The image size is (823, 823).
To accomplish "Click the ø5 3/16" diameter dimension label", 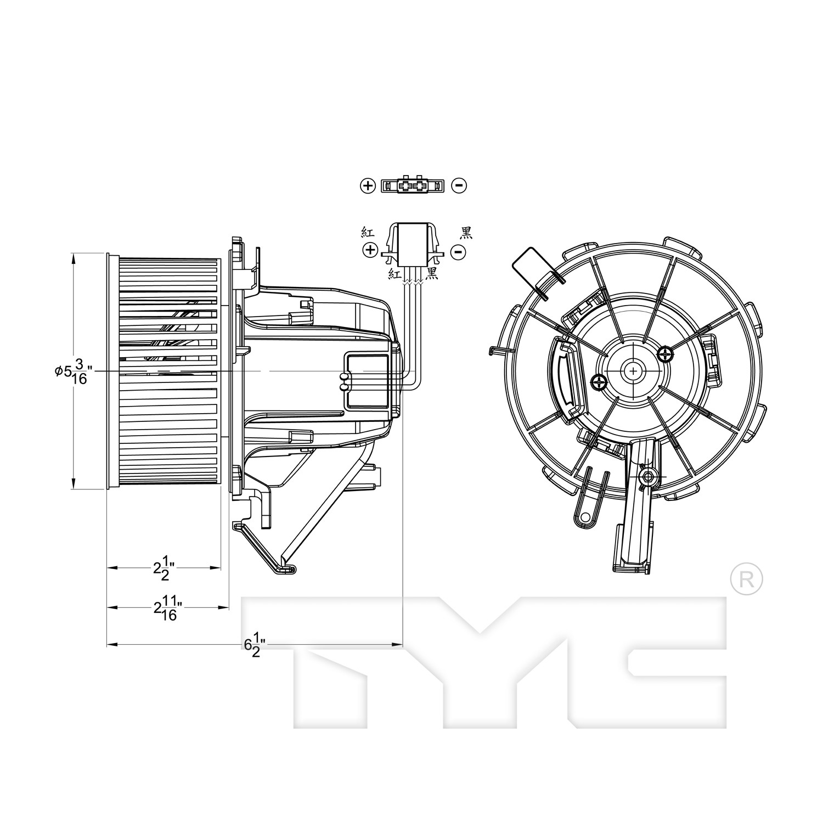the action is pos(71,371).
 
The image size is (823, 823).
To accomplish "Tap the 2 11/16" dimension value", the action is pos(167,609).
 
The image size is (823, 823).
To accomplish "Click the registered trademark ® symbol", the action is pos(747,578).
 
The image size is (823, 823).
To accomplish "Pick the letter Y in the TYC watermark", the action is pos(483,661).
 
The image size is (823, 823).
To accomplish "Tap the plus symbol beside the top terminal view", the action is pos(368,185).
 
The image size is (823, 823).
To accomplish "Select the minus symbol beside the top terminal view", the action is pos(459,185).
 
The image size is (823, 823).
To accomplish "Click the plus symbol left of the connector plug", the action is pos(371,251).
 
